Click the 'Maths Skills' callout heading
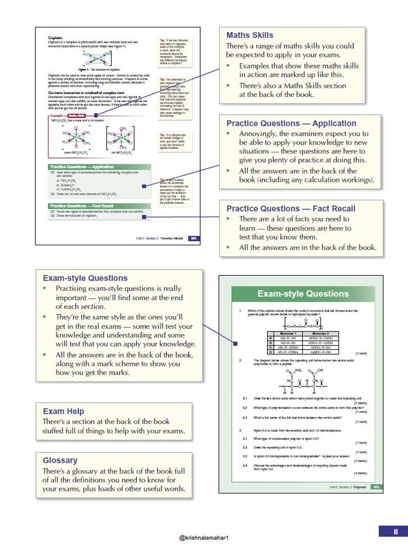point(249,35)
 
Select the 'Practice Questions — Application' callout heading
point(291,123)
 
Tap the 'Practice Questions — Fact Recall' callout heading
point(291,209)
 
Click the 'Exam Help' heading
point(63,411)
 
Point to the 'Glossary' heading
point(60,460)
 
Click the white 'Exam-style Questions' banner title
point(303,294)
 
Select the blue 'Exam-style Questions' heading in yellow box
point(85,278)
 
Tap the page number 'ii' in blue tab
point(395,531)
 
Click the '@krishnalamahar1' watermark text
point(204,538)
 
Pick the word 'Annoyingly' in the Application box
point(258,134)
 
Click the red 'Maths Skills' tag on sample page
point(77,116)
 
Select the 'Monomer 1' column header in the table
point(288,333)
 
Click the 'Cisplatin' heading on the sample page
point(55,38)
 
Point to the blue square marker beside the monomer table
point(235,344)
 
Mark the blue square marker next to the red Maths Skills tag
point(96,116)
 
